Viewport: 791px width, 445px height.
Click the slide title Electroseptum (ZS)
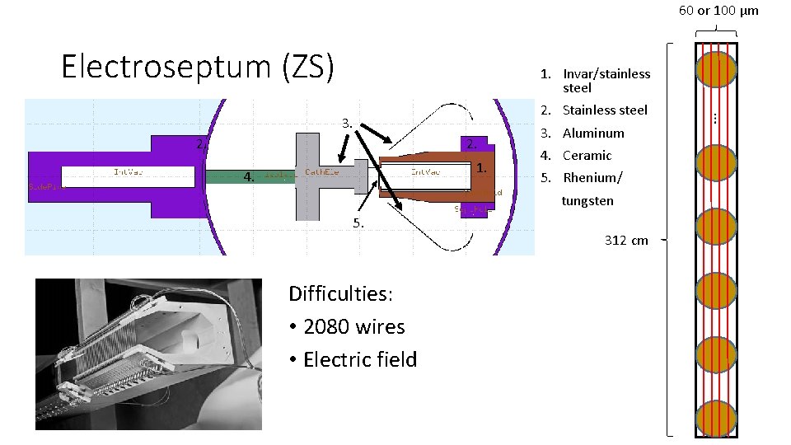[x=198, y=66]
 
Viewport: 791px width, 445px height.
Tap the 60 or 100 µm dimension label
[x=718, y=11]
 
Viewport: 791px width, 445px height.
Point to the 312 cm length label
[x=626, y=241]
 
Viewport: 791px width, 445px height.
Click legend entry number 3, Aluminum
[x=592, y=133]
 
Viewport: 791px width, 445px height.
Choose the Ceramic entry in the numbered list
[x=587, y=155]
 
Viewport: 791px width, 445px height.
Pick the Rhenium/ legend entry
[x=592, y=177]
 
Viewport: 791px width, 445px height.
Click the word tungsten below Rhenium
[x=587, y=201]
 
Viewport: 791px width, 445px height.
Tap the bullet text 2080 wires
[x=353, y=327]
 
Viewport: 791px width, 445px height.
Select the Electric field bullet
[x=359, y=359]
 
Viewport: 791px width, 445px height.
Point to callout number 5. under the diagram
[x=358, y=222]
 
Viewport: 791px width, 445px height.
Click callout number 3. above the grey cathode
[x=348, y=124]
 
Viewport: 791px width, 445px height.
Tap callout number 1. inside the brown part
[x=481, y=168]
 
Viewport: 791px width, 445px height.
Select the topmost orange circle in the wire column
[x=715, y=69]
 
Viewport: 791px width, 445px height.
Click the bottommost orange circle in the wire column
[x=715, y=418]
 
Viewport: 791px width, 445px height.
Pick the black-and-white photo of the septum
[x=148, y=354]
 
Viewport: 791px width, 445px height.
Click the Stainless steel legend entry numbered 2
[x=604, y=110]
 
